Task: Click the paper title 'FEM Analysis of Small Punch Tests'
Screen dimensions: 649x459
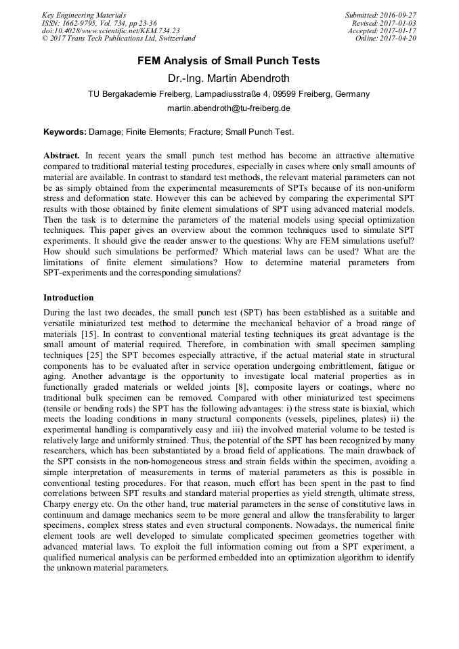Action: (229, 61)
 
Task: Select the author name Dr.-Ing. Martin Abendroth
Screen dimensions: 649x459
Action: (229, 79)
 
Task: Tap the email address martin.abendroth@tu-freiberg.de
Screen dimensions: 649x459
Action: (229, 108)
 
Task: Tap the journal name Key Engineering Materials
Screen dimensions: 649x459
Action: (84, 15)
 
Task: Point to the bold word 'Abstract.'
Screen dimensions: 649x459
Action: (62, 156)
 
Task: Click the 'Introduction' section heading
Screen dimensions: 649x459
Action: (68, 298)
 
